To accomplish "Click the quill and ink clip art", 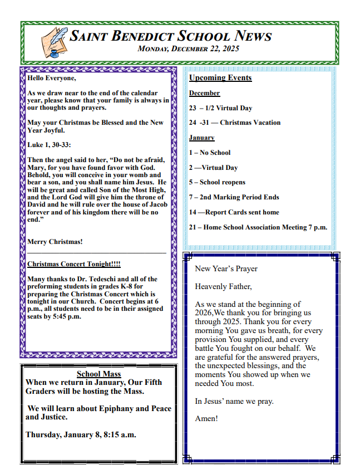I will click(x=55, y=42).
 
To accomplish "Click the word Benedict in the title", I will click(x=142, y=37).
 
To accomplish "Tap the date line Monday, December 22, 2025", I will click(x=188, y=49).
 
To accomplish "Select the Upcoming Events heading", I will click(x=220, y=78).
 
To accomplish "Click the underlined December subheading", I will click(x=204, y=93).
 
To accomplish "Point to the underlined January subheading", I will click(x=201, y=138).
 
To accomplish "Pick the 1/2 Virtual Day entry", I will click(x=220, y=108).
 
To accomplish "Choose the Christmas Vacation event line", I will click(x=234, y=123).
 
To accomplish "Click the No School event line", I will click(x=209, y=153).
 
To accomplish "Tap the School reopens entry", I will click(x=217, y=182).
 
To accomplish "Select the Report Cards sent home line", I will click(x=234, y=212).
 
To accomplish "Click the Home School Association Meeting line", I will click(x=258, y=227).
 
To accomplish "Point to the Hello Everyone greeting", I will click(x=52, y=78).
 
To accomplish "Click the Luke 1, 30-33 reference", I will click(x=49, y=145).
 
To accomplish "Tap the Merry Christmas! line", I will click(x=55, y=242).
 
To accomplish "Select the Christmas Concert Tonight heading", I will click(x=73, y=264).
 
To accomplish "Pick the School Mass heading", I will click(x=98, y=374).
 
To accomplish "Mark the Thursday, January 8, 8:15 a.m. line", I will click(x=81, y=434).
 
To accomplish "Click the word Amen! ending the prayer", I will click(x=206, y=418).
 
